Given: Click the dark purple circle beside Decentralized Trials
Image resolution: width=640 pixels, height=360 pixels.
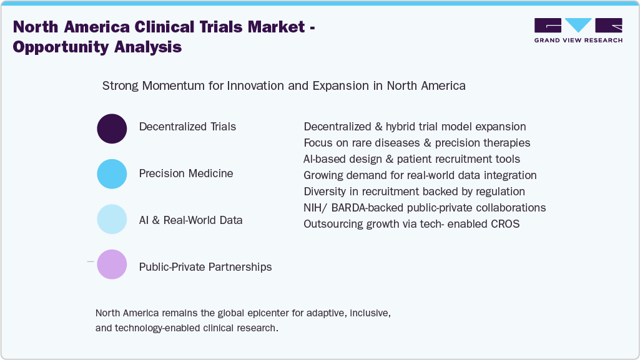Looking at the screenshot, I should pos(112,129).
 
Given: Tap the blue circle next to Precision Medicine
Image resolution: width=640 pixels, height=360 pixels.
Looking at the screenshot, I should pos(112,173).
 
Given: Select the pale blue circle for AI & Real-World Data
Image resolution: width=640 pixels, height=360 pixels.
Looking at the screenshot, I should pos(112,219).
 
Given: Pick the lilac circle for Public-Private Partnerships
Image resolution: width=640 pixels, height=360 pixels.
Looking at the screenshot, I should pos(112,264).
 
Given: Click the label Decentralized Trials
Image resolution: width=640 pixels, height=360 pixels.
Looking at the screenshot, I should pos(187,127).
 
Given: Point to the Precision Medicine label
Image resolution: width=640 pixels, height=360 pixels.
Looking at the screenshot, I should pos(186,173).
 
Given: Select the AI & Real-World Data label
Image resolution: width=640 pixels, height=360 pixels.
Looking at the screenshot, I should pos(190,220).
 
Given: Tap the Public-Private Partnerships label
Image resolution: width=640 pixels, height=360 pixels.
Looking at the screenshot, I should pos(205,267).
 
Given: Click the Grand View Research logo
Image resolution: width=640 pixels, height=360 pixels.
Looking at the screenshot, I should pos(578,30).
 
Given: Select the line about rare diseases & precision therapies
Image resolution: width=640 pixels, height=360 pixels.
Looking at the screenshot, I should pos(416,143).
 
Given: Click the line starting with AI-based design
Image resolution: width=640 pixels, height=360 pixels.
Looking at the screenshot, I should pos(411,159).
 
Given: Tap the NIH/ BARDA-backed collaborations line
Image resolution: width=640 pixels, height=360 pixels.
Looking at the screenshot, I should pos(425,207).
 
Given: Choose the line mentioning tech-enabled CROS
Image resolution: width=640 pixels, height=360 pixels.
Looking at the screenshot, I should pos(411,223).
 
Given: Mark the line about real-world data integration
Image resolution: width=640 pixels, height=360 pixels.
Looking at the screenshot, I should pos(420,175).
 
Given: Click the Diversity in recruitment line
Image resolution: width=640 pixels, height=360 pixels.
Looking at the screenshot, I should pos(414,191).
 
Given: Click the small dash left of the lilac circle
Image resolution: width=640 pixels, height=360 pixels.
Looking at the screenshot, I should pos(90,261).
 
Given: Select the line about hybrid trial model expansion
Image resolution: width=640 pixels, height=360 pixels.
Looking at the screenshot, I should pos(415,127).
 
